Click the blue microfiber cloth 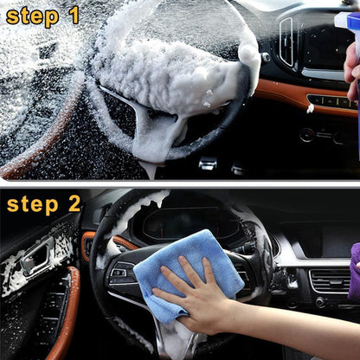(186, 264)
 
